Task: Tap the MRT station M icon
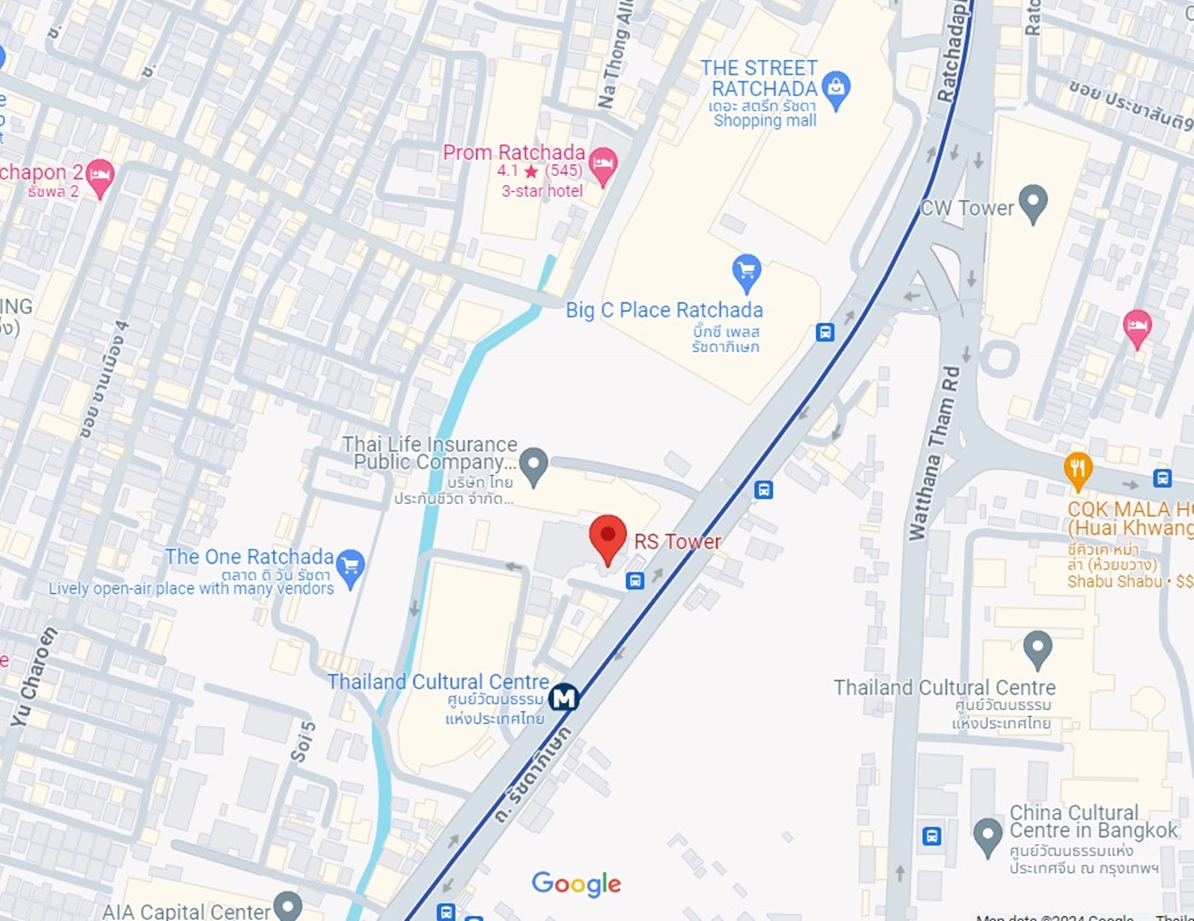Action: pos(563,697)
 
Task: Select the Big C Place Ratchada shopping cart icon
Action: pos(746,272)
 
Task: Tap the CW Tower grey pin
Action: pos(1033,203)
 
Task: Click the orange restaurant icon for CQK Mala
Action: pos(1078,470)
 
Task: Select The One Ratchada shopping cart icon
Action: pos(350,567)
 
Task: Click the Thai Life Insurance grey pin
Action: pos(534,465)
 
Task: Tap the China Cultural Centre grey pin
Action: pos(987,836)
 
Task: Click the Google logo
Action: pos(576,884)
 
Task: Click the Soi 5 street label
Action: pos(302,742)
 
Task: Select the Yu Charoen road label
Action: pos(35,675)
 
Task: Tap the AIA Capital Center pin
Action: pos(287,906)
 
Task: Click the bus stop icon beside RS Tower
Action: pos(635,580)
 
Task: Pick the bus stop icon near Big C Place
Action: pos(825,332)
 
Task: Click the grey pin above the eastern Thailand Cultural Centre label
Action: pos(1037,649)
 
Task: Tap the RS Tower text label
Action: pos(677,541)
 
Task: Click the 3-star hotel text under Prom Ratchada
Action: pos(542,191)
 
